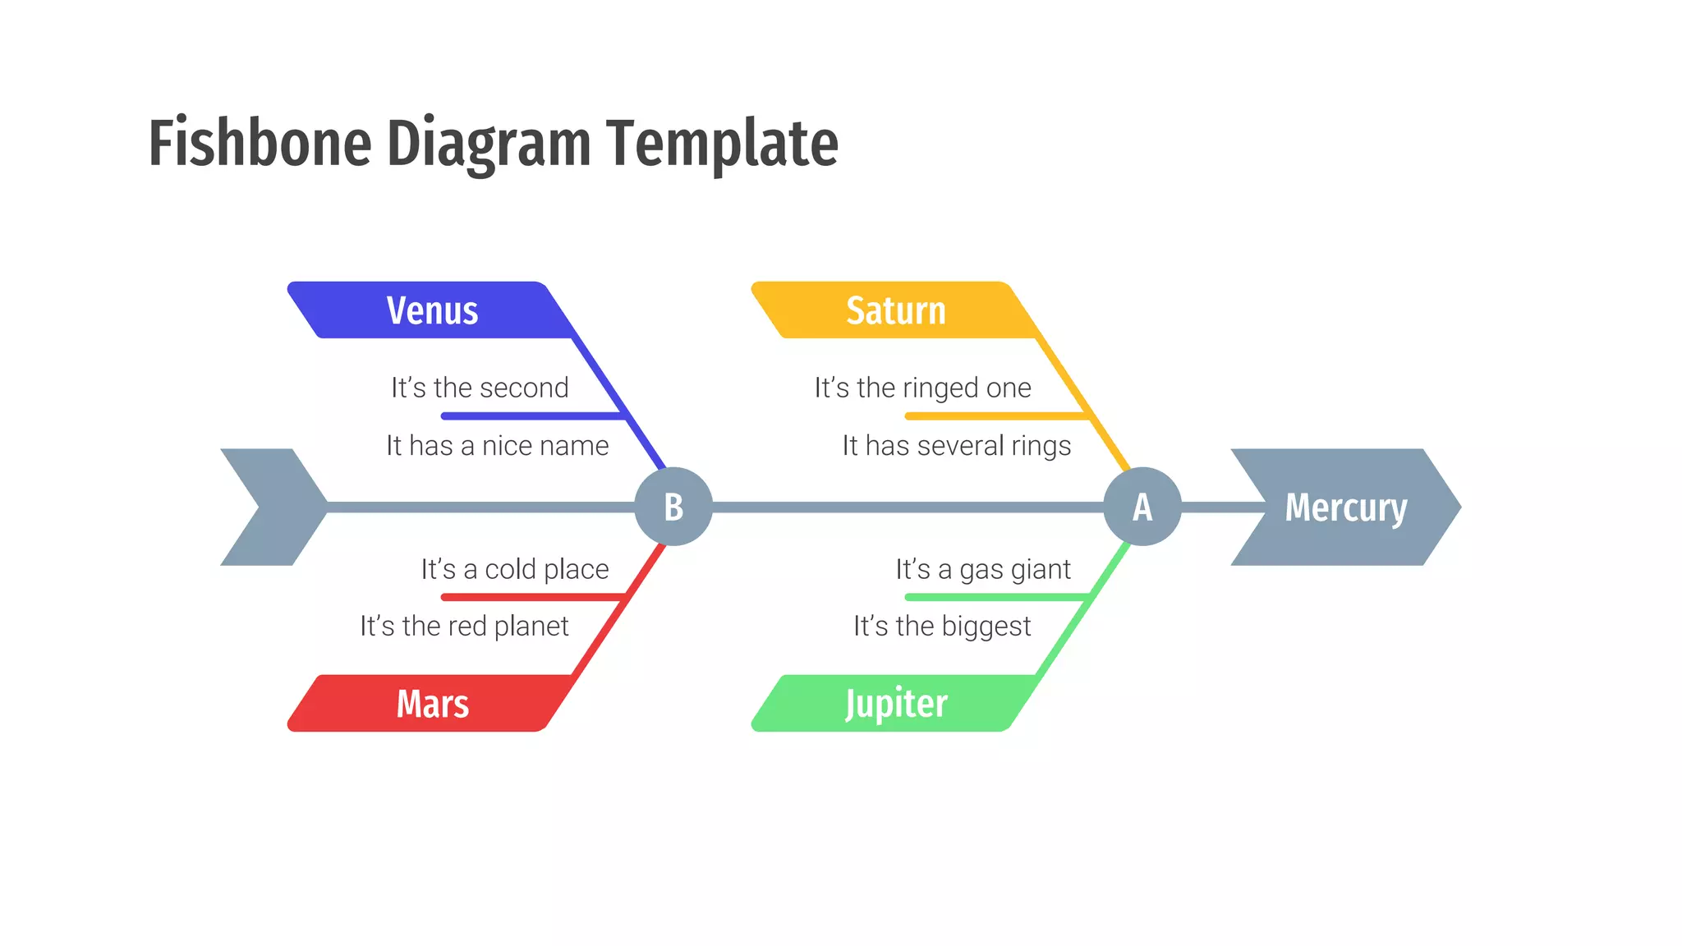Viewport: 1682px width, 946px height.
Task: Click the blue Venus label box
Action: [432, 310]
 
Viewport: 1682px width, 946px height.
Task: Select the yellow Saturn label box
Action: [895, 310]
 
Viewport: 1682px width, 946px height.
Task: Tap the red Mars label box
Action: [432, 704]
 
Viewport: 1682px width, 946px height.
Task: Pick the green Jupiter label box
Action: [895, 704]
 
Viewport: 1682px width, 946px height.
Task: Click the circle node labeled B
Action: [673, 507]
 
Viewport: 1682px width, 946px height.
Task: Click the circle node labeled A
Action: [1142, 507]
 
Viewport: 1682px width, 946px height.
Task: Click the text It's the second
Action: [480, 388]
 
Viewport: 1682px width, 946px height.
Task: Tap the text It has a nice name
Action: [498, 446]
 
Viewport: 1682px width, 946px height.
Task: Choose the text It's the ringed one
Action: [922, 388]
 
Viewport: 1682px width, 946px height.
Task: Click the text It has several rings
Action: [957, 446]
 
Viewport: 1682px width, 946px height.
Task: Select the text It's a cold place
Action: [515, 569]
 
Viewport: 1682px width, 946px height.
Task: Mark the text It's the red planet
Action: [464, 627]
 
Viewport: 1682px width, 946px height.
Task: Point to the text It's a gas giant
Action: [983, 569]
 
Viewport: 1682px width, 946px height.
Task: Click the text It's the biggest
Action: [942, 627]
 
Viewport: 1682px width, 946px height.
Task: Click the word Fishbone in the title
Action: [260, 144]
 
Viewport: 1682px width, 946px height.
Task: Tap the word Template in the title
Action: [722, 144]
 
